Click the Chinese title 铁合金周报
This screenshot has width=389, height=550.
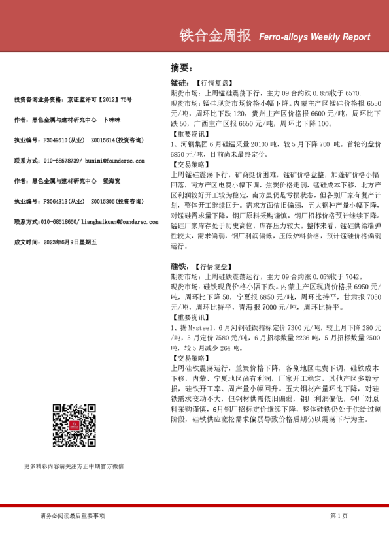point(214,36)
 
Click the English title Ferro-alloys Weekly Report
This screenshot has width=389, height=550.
point(314,37)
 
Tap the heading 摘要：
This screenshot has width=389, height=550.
point(180,67)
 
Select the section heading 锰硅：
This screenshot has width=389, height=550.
point(179,84)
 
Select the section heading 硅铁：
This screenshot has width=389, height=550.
point(179,267)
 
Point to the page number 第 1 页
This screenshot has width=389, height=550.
point(339,515)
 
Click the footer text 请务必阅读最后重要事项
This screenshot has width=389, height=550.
point(72,515)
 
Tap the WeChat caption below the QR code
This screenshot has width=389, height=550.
point(74,466)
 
